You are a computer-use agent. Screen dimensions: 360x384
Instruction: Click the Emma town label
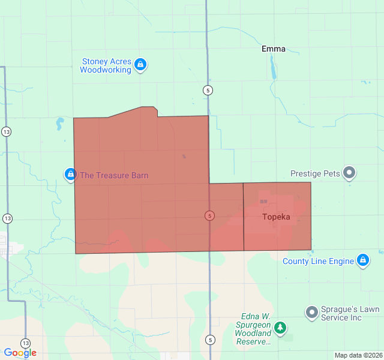click(274, 49)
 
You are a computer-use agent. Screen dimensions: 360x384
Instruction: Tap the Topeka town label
click(276, 217)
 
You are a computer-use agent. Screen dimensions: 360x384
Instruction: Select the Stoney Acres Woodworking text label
click(106, 65)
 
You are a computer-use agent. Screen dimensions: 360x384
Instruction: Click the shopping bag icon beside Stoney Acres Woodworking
click(140, 64)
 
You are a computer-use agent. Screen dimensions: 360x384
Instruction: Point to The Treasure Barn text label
click(114, 175)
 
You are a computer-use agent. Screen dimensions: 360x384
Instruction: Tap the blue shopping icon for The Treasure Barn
click(71, 175)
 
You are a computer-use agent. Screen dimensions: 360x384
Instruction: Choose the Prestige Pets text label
click(315, 173)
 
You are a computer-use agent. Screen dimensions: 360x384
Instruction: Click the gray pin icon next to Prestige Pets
click(349, 173)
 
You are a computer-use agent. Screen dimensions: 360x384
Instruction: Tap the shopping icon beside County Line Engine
click(362, 260)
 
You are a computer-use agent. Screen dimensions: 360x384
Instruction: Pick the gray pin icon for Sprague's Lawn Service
click(311, 313)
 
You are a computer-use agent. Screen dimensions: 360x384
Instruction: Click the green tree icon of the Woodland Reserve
click(280, 328)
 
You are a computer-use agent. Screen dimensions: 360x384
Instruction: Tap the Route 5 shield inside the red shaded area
click(209, 215)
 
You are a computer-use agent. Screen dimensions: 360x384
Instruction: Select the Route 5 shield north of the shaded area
click(208, 90)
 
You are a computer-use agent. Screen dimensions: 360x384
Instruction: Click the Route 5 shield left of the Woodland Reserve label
click(209, 339)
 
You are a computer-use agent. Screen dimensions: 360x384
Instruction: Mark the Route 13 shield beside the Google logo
click(25, 343)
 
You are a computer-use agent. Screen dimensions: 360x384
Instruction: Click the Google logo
click(20, 353)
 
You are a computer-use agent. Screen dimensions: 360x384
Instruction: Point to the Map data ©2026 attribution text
click(358, 355)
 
